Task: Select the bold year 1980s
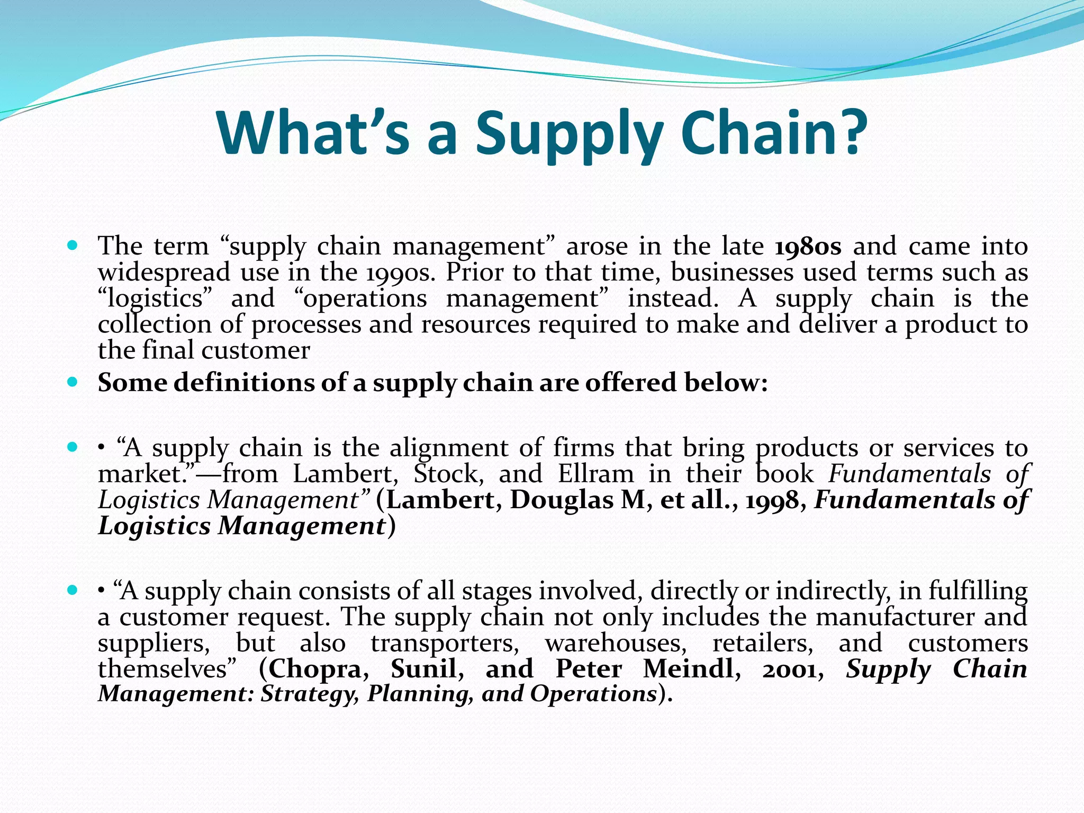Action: (x=808, y=247)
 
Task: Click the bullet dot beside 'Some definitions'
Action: (x=73, y=382)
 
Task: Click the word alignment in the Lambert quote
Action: (x=449, y=448)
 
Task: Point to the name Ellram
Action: (x=596, y=474)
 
